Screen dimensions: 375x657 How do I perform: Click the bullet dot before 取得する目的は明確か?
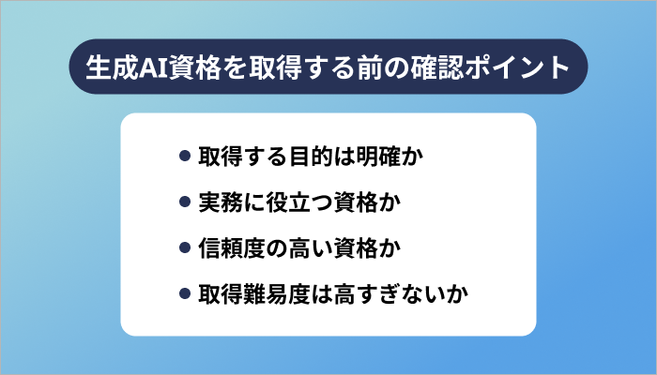point(184,155)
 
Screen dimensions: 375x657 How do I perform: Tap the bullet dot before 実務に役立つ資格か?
point(184,202)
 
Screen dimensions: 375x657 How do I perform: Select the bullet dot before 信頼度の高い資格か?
point(184,248)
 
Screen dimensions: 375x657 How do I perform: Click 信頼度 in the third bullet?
point(233,248)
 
